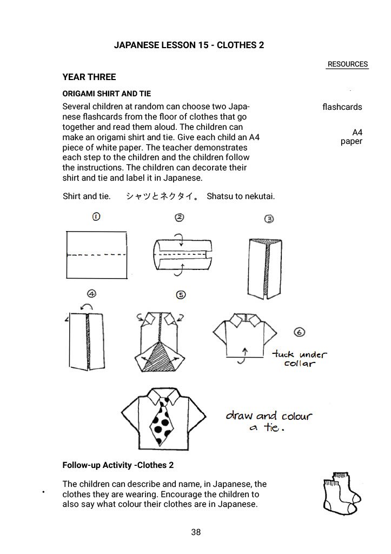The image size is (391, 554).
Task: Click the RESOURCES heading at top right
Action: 347,64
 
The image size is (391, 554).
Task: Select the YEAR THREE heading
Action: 89,77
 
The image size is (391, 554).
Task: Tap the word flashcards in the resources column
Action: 342,107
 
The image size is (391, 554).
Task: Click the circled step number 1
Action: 96,217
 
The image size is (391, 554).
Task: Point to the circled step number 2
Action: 180,217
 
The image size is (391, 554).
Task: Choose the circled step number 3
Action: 268,219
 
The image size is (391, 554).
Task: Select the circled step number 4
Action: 92,294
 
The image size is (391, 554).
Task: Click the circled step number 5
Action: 181,294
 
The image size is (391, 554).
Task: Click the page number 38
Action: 196,532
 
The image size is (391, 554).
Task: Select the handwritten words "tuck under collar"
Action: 300,359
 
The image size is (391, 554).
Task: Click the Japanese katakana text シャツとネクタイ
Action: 163,196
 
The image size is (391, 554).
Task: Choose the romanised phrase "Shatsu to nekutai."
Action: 241,196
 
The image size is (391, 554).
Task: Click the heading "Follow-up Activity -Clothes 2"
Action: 118,465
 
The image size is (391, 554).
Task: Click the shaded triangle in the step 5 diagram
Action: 161,358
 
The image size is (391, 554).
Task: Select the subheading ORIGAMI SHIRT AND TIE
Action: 107,94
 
